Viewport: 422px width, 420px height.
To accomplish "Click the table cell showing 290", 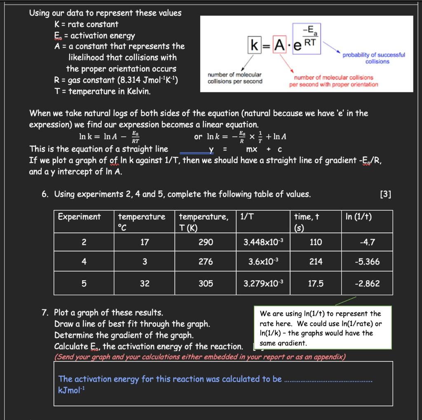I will pos(206,242).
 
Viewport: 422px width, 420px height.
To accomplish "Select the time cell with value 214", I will pos(316,262).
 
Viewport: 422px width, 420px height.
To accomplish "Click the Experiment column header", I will pos(79,217).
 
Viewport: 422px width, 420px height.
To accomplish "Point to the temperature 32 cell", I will pos(145,284).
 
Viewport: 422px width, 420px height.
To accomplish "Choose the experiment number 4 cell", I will pos(84,262).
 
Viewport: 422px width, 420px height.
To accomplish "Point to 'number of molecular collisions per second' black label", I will pos(235,78).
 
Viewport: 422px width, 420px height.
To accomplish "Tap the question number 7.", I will pos(46,312).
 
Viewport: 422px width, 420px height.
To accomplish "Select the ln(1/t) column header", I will pos(359,217).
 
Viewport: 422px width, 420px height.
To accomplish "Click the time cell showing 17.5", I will pos(316,284).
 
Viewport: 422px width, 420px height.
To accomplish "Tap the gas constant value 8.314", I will pos(123,80).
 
